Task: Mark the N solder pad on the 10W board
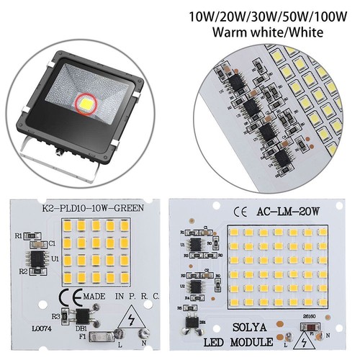coord(145,341)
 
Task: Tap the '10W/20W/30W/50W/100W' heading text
coord(269,15)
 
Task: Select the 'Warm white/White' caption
coord(269,31)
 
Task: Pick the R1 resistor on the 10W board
coord(29,235)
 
